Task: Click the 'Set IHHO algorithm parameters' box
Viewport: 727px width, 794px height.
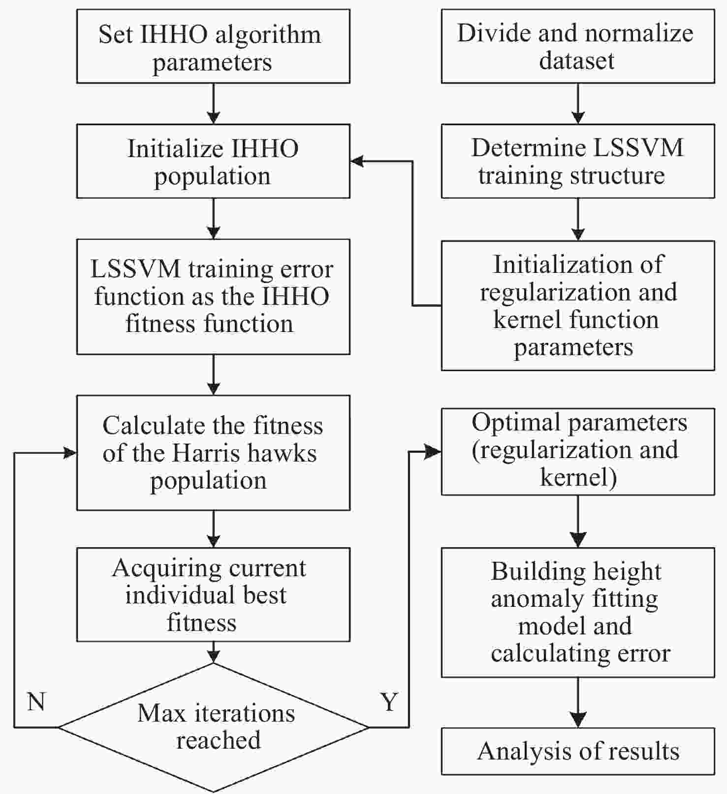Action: (213, 46)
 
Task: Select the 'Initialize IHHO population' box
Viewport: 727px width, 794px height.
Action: (213, 161)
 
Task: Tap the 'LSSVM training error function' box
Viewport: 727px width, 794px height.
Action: (213, 297)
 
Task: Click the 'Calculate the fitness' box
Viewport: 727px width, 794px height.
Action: (213, 453)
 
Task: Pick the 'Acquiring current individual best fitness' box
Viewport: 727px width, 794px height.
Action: (213, 595)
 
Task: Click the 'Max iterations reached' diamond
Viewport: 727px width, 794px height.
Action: (214, 727)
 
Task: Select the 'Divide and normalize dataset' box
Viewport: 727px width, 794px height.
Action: (577, 46)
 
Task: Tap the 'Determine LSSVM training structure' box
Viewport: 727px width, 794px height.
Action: (577, 161)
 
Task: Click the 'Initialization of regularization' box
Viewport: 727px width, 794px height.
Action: (577, 305)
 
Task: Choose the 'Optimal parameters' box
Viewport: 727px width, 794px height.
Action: (577, 451)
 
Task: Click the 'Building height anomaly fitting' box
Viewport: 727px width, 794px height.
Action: (577, 612)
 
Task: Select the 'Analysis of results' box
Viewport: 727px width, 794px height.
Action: (577, 751)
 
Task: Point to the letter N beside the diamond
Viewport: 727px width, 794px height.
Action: (36, 701)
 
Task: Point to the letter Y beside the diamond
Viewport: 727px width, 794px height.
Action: (389, 701)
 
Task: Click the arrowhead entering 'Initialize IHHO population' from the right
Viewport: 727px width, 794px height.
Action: (357, 161)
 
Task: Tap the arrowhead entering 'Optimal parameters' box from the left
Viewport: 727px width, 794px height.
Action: (434, 452)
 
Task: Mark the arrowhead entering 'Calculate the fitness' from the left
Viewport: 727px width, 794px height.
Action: (70, 453)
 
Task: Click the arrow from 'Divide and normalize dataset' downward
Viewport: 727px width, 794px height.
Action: (578, 103)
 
